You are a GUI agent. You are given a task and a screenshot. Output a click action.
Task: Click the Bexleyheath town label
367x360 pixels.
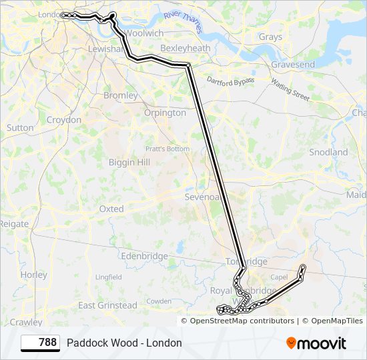coord(186,49)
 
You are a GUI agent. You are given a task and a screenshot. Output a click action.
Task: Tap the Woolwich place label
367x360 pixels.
coord(144,33)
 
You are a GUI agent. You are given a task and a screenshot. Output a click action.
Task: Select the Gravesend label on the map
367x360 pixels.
coord(292,65)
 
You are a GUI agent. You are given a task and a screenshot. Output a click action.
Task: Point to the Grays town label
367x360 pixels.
coord(270,37)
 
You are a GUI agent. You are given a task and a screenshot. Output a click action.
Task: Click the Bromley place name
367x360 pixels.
coord(120,95)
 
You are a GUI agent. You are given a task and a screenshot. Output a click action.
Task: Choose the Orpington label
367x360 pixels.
coord(165,113)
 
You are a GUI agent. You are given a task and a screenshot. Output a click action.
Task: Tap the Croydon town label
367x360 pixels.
coord(64,120)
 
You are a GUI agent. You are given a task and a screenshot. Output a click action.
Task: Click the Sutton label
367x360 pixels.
coord(19,127)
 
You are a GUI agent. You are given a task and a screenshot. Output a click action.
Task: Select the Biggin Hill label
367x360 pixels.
coord(129,162)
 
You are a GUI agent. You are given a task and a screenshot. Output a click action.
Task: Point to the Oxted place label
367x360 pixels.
coord(111,209)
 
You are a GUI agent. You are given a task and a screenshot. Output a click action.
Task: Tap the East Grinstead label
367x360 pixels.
coord(107,305)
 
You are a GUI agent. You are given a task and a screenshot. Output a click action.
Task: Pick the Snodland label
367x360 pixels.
coord(329,152)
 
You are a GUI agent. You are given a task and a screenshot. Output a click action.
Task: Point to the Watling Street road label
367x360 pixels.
coord(290,89)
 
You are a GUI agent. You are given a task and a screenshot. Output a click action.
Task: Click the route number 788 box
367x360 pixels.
coord(40,343)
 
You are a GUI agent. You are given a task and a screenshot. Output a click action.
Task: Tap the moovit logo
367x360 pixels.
coord(316,343)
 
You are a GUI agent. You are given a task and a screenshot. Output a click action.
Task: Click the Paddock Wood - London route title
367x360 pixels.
coord(124,343)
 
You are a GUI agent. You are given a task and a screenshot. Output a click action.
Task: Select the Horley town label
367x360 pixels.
coord(34,275)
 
